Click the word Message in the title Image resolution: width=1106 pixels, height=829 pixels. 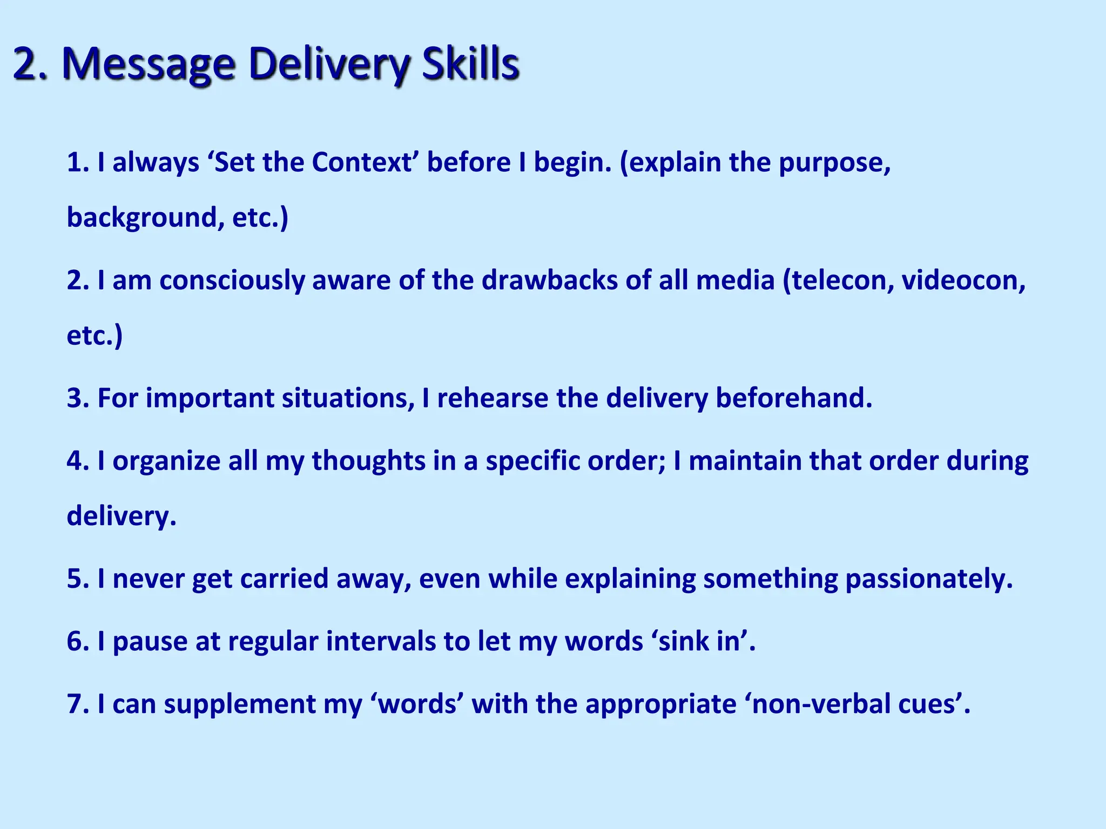(x=149, y=65)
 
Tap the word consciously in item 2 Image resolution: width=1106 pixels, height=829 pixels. (x=232, y=281)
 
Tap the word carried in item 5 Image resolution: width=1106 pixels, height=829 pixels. (x=284, y=579)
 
